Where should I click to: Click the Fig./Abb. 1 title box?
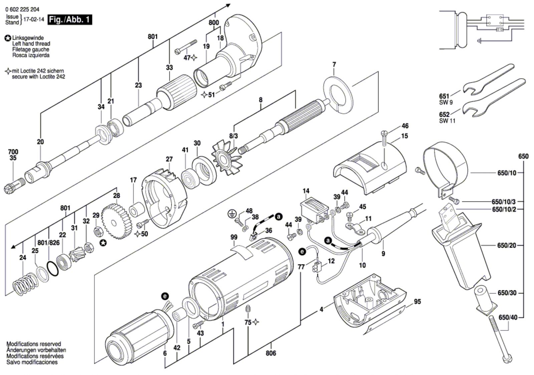click(x=70, y=20)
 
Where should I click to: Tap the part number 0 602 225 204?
click(x=22, y=10)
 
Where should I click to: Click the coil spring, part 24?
click(x=25, y=284)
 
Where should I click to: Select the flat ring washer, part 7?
click(x=338, y=95)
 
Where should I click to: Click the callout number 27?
click(x=169, y=159)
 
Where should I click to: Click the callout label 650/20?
click(x=507, y=245)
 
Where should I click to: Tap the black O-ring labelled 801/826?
click(x=53, y=269)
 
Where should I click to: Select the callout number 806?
click(x=271, y=353)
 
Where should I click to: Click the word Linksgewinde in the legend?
click(x=28, y=38)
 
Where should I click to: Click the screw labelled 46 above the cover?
click(x=384, y=138)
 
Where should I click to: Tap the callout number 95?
click(x=417, y=302)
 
